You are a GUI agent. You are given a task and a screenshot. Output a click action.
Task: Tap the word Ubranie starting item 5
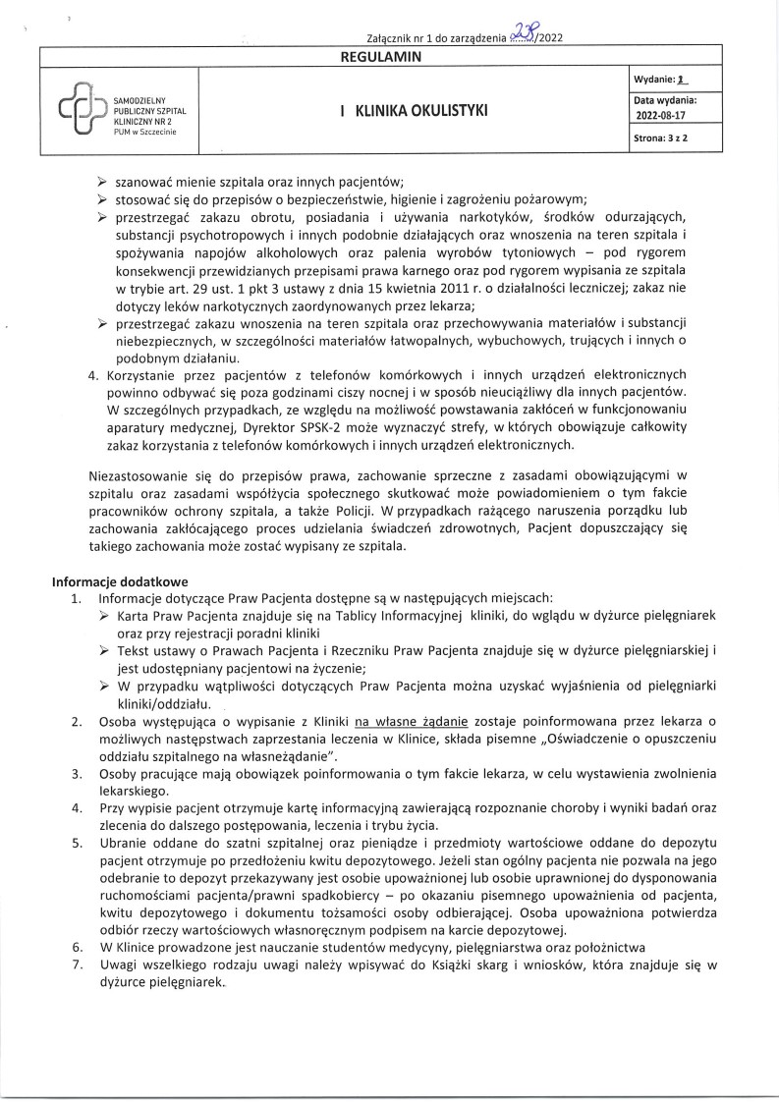point(122,843)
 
